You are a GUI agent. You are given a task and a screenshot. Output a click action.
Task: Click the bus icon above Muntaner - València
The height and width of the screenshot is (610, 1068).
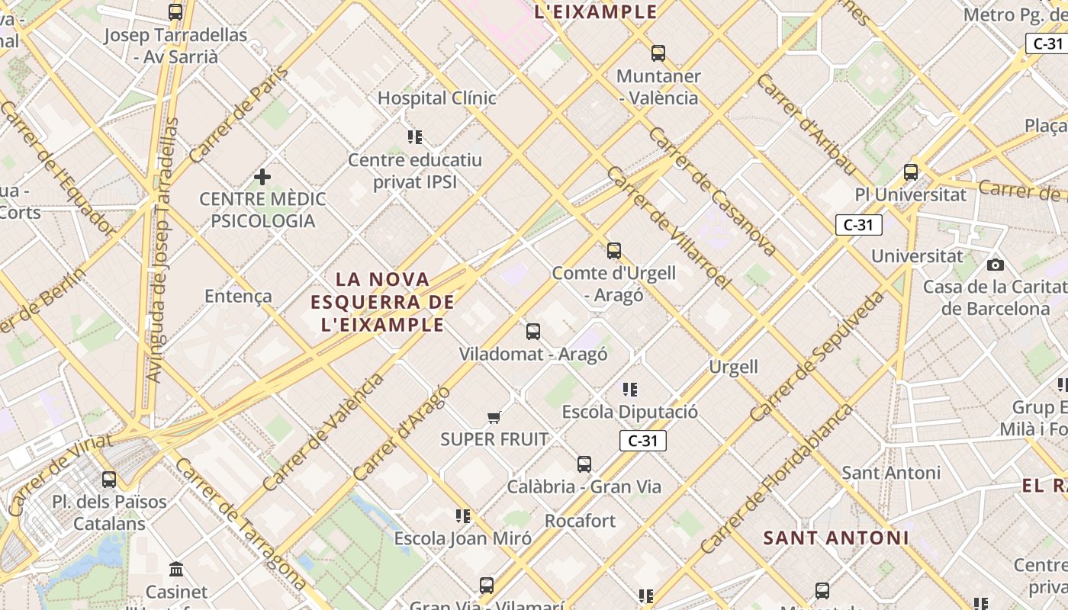pos(658,53)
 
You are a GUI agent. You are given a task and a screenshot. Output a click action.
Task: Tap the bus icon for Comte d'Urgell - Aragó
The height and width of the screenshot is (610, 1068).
pos(613,250)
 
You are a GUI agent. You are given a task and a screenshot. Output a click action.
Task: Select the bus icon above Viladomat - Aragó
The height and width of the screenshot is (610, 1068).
pos(533,332)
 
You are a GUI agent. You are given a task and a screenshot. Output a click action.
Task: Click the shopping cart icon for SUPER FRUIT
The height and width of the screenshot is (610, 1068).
pos(494,417)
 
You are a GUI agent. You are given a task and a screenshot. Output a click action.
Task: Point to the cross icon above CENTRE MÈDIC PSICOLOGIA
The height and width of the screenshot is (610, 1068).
pos(262,178)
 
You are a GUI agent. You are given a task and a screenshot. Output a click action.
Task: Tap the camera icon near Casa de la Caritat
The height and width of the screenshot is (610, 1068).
pos(995,265)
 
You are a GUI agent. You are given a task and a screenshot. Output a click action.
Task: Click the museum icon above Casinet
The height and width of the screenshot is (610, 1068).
pos(176,569)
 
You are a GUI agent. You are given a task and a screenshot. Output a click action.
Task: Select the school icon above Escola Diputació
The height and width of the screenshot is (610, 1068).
pos(630,390)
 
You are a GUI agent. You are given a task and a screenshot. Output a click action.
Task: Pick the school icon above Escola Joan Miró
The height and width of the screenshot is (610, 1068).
pos(462,516)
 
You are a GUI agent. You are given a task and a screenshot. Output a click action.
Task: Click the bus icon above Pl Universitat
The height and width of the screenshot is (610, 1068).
pos(910,172)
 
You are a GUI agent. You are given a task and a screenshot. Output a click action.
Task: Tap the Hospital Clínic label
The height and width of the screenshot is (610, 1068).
pos(437,98)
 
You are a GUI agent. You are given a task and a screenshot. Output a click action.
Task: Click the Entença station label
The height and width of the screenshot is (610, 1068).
pos(238,296)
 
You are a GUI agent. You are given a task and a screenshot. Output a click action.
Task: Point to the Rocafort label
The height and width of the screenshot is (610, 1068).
pos(580,521)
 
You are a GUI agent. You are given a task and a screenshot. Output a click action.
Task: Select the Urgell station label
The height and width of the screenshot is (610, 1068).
pos(734,367)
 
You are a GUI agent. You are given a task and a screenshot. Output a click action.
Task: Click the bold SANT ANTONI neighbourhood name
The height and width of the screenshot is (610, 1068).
pos(836,538)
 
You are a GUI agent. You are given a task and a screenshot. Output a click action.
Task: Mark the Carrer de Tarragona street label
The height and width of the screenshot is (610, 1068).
pos(241,523)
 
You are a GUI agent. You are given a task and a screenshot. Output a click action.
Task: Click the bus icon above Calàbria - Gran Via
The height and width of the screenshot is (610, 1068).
pos(584,464)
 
